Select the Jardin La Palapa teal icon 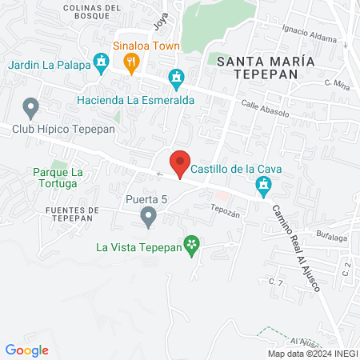100,61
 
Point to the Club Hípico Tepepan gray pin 31,106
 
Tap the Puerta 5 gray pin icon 148,215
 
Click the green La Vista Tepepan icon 191,245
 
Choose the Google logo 27,350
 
